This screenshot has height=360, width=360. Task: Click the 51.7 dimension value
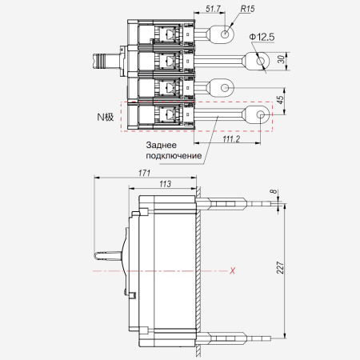pyautogui.click(x=213, y=9)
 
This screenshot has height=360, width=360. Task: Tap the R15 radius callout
pyautogui.click(x=247, y=9)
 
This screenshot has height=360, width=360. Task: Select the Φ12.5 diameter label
pyautogui.click(x=262, y=37)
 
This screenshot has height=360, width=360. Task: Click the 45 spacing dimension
pyautogui.click(x=281, y=99)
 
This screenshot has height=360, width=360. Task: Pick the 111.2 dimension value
pyautogui.click(x=231, y=138)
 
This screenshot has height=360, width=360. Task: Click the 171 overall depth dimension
pyautogui.click(x=144, y=173)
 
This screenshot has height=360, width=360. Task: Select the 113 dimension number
pyautogui.click(x=165, y=184)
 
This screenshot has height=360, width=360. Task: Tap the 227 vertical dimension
pyautogui.click(x=280, y=267)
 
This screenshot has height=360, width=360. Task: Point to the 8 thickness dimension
pyautogui.click(x=274, y=191)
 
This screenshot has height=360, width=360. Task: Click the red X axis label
pyautogui.click(x=233, y=271)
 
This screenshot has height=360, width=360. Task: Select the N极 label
pyautogui.click(x=106, y=117)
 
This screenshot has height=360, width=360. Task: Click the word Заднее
pyautogui.click(x=161, y=145)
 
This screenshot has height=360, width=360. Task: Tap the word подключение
pyautogui.click(x=174, y=156)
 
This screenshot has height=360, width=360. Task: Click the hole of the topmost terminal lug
pyautogui.click(x=225, y=34)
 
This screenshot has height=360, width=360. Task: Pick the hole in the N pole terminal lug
pyautogui.click(x=260, y=114)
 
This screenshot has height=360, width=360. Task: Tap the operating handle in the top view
pyautogui.click(x=106, y=61)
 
